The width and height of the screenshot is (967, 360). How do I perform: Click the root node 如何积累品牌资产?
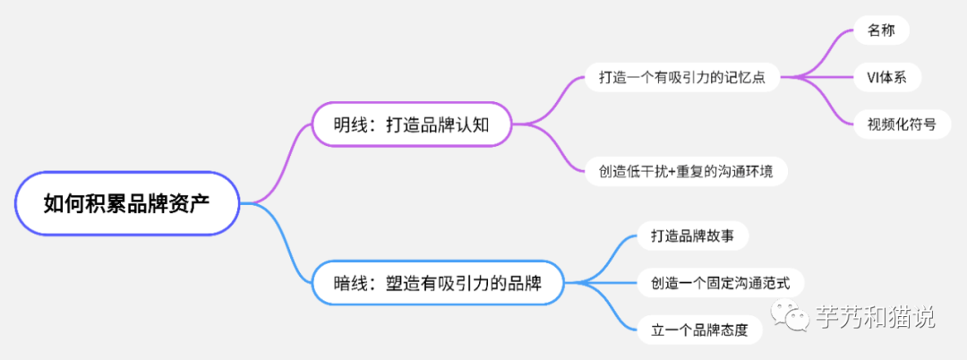click(127, 203)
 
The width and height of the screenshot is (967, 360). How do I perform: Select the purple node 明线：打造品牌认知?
click(411, 124)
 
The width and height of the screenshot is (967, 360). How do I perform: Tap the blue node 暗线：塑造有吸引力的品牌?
click(438, 283)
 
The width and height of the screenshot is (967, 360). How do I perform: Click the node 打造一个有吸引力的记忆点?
click(682, 78)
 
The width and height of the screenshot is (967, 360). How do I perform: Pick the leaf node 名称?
click(881, 30)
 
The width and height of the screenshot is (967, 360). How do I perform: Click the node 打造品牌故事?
click(692, 236)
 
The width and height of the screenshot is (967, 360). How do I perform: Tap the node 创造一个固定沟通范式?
click(720, 283)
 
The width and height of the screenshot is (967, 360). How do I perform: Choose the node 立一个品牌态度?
click(699, 330)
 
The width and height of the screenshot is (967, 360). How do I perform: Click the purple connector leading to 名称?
click(820, 55)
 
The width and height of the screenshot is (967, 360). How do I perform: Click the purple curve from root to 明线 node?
click(278, 163)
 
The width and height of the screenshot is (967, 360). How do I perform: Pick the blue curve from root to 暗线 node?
click(278, 243)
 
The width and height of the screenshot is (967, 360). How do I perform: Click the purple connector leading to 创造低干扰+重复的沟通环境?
click(549, 149)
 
